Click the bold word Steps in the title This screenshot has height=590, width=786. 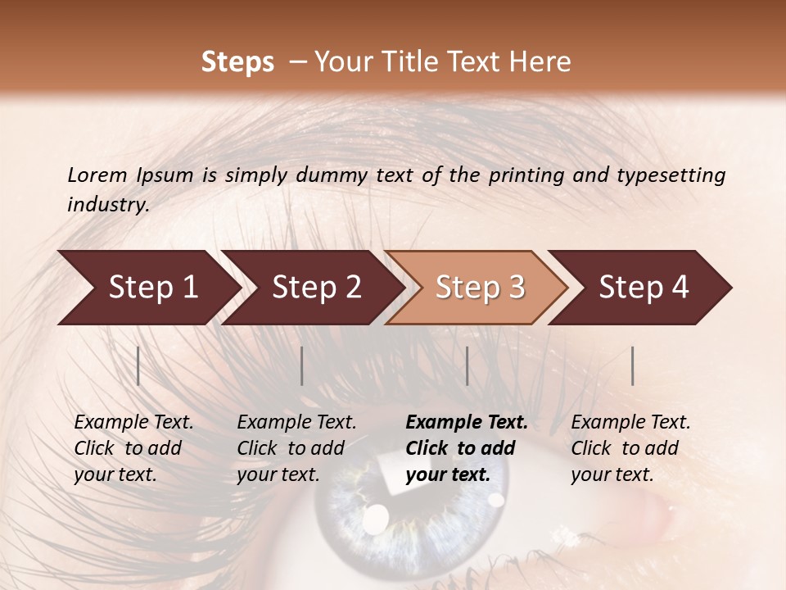point(237,62)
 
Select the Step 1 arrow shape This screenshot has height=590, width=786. point(147,288)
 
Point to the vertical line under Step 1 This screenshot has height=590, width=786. point(138,365)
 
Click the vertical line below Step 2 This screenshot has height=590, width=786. point(302,365)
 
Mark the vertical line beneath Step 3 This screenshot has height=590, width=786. point(467,365)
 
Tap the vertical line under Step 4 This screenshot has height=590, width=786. point(632,365)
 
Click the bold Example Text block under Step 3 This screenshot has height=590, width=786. point(467,448)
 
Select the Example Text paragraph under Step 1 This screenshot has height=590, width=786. point(133,448)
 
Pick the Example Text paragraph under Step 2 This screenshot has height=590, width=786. point(296,448)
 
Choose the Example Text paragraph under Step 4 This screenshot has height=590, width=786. point(630,448)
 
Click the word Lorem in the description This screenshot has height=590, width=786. point(97,175)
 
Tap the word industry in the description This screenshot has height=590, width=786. point(107,205)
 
